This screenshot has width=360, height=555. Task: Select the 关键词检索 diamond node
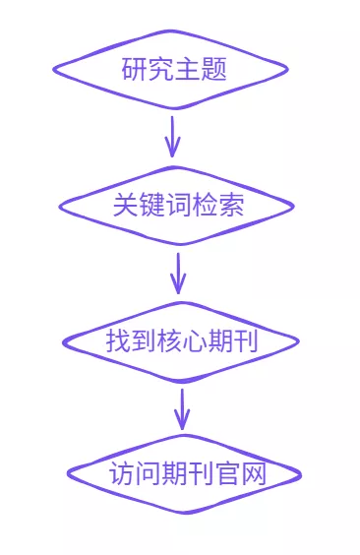click(x=177, y=207)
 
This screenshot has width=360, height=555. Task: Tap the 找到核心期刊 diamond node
click(x=181, y=341)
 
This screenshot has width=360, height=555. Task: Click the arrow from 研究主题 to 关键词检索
click(x=173, y=136)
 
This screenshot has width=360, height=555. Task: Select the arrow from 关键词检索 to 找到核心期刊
click(x=178, y=273)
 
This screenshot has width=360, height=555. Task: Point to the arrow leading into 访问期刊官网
click(x=182, y=407)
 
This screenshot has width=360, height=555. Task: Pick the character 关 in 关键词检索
click(x=126, y=207)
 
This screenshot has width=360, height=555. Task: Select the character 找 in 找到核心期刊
click(x=117, y=341)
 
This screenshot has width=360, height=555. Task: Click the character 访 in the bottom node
click(x=120, y=473)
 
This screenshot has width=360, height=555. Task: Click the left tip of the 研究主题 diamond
click(x=55, y=69)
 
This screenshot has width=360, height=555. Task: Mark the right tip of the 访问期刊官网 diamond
click(x=299, y=475)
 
